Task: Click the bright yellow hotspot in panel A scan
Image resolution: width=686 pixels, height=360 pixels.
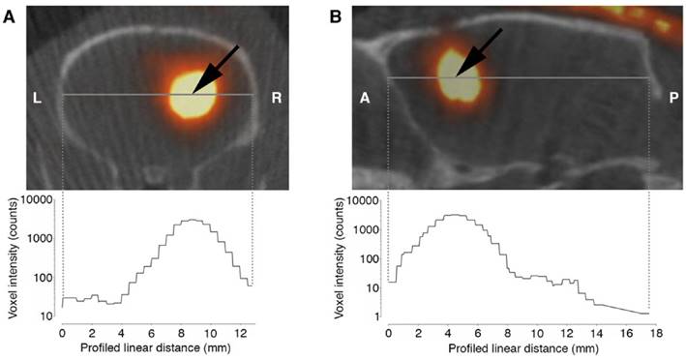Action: click(193, 97)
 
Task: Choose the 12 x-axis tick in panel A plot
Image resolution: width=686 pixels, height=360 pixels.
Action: click(236, 331)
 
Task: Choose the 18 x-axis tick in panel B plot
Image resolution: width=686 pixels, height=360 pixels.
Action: click(656, 331)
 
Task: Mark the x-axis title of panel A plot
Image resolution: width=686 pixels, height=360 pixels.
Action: click(156, 349)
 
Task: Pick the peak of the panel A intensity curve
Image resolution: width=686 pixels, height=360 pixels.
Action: click(192, 221)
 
